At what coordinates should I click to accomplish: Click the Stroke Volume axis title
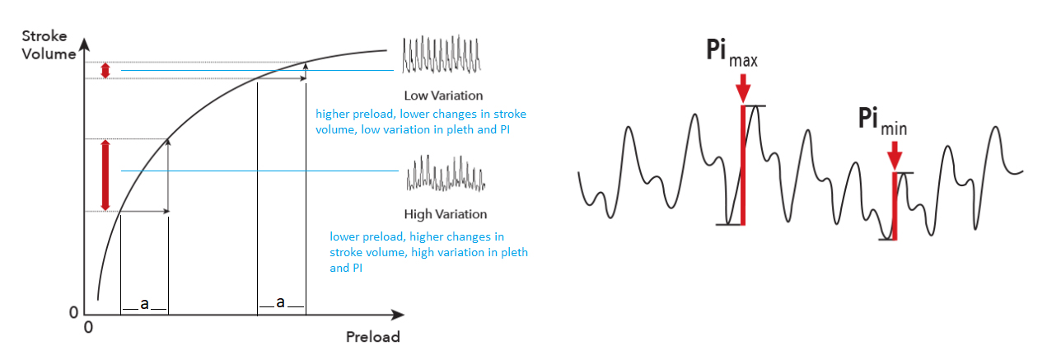tap(49, 44)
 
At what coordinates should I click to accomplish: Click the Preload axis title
tap(373, 337)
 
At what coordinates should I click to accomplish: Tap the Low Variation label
tap(443, 96)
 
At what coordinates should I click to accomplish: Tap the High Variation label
tap(446, 214)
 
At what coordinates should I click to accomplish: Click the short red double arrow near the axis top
tap(105, 70)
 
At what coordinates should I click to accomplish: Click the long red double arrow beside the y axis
tap(105, 175)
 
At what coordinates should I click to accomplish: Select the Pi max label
tap(731, 53)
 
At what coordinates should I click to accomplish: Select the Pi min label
tap(882, 121)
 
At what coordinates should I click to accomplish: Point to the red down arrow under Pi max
tap(743, 88)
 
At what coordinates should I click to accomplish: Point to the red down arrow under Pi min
tap(895, 156)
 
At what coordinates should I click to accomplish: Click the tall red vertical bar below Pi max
tap(743, 166)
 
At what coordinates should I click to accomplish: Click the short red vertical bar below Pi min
tap(895, 206)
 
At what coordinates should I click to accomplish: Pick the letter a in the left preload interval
tap(144, 304)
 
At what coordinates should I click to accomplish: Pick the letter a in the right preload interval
tap(280, 302)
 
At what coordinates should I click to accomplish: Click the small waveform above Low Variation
tap(442, 54)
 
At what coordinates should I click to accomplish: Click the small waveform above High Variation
tap(446, 174)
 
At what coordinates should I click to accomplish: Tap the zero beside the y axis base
tap(73, 312)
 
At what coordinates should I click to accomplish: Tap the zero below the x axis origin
tap(88, 327)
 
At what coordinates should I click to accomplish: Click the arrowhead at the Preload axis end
tap(397, 315)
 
